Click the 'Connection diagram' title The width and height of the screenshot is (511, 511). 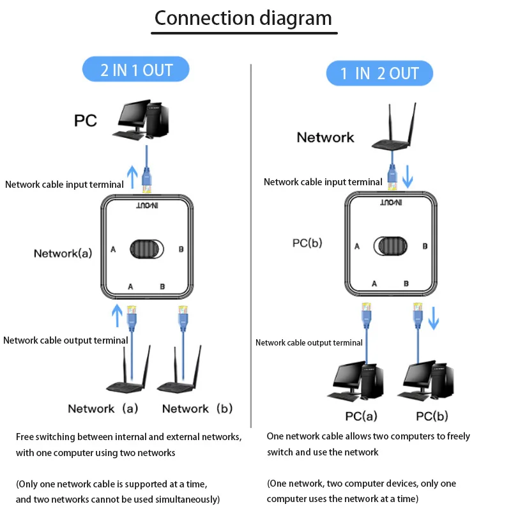click(243, 19)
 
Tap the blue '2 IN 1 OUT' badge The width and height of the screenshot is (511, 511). click(136, 70)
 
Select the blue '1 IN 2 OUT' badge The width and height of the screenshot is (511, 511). click(379, 73)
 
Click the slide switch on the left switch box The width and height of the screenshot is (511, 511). click(146, 249)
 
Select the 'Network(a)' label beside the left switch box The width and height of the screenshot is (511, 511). click(63, 254)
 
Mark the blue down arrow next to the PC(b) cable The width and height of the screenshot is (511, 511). click(434, 317)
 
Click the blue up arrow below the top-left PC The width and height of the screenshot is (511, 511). click(132, 176)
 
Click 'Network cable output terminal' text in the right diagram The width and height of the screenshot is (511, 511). click(309, 343)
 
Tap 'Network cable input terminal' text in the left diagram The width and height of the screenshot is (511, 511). click(65, 185)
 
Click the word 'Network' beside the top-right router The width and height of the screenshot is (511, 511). click(325, 137)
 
